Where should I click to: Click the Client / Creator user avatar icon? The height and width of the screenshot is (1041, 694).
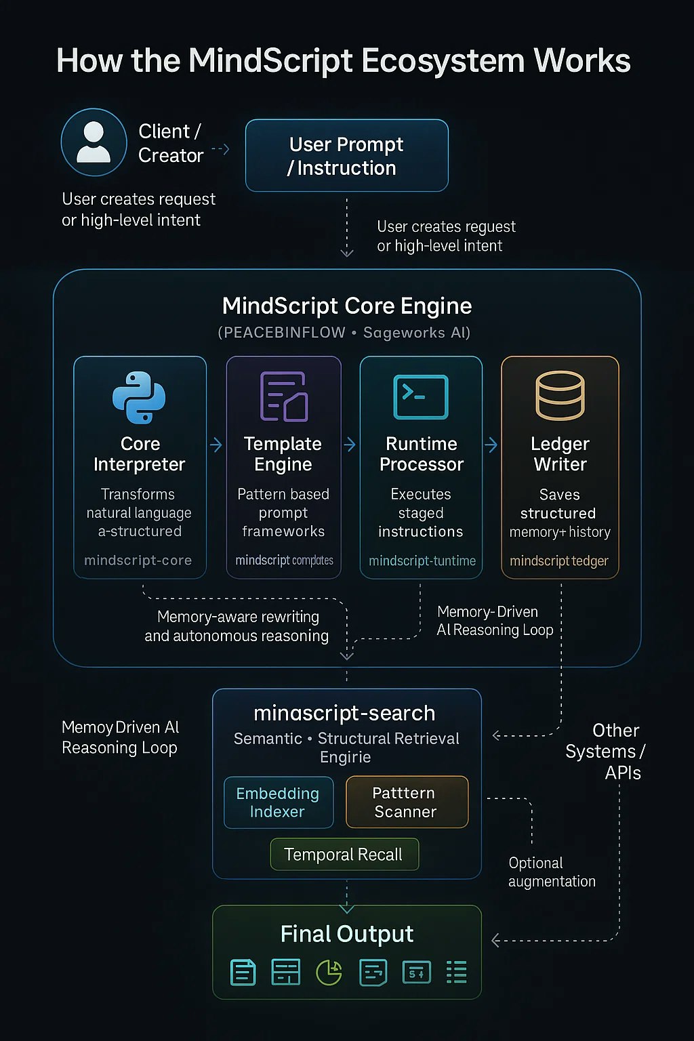[94, 142]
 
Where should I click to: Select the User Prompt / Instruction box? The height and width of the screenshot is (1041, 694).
[346, 156]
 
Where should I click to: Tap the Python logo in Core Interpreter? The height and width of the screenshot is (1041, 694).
[139, 397]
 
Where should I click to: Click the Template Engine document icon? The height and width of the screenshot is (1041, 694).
[283, 396]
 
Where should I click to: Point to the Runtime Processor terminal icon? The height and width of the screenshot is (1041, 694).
[421, 396]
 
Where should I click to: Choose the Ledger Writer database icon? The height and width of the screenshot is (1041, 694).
[560, 396]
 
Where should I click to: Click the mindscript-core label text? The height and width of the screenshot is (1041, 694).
[138, 560]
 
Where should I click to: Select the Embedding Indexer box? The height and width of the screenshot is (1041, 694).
[278, 802]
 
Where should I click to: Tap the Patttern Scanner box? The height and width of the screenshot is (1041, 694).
[407, 802]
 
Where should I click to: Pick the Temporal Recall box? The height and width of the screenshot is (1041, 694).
[344, 855]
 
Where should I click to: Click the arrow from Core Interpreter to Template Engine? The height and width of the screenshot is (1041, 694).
[216, 445]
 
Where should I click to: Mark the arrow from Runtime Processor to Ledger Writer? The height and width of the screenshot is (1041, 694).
[491, 445]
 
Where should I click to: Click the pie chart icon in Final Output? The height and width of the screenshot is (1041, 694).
[329, 973]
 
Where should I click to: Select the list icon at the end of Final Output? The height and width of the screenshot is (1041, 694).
[457, 972]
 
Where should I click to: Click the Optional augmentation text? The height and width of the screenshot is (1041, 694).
[552, 872]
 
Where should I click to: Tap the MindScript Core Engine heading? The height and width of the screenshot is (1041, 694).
[347, 306]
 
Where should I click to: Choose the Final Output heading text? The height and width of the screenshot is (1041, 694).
[347, 934]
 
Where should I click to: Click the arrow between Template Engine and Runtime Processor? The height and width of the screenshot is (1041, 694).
[350, 445]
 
